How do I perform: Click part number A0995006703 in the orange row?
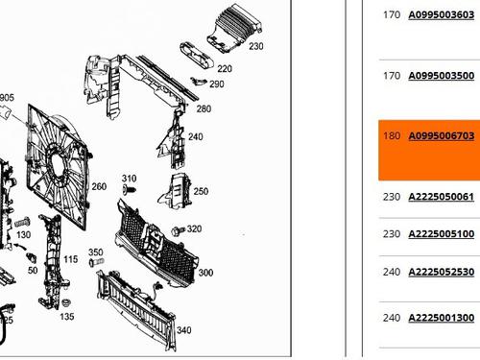pos(441,136)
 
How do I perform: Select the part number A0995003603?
pos(441,15)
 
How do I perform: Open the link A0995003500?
pos(441,75)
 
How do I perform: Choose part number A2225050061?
pos(441,197)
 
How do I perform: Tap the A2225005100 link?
pos(441,234)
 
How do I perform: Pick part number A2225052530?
pos(441,273)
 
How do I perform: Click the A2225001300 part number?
pos(441,318)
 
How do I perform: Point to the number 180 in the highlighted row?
pos(392,136)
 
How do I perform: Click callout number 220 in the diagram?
pos(224,69)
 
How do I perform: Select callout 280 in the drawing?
pos(204,108)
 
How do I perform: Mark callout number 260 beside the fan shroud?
pos(98,186)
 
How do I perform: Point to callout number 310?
pos(129,179)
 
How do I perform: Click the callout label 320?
pos(194,228)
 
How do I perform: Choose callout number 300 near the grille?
pos(204,273)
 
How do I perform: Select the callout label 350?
pos(95,252)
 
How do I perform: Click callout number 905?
pos(7,98)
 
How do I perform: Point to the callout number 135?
pos(66,316)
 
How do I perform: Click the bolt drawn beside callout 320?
pos(177,231)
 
